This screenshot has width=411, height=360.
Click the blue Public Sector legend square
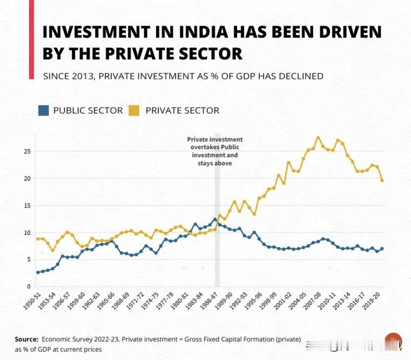click(x=44, y=110)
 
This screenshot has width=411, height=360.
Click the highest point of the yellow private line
click(x=318, y=138)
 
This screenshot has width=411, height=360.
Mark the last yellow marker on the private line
click(x=382, y=180)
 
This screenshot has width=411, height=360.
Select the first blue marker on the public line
click(x=38, y=272)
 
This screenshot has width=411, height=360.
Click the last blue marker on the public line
click(x=382, y=249)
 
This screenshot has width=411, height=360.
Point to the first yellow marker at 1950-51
click(x=38, y=239)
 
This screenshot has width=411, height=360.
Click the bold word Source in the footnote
click(x=26, y=339)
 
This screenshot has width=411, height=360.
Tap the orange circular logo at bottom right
click(x=394, y=341)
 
